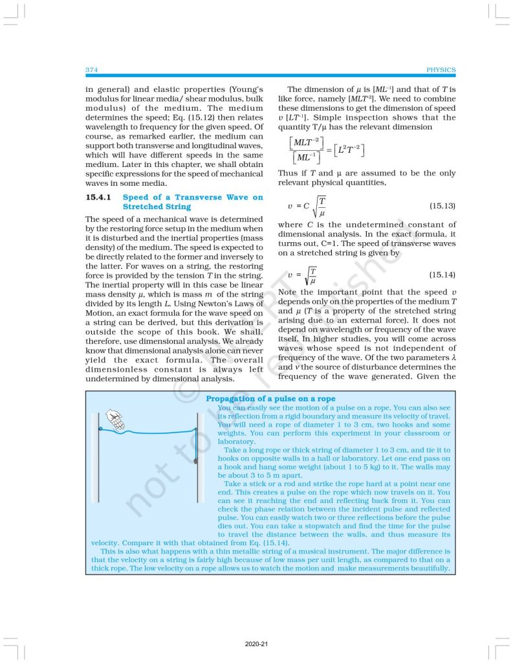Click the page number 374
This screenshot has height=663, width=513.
[91, 69]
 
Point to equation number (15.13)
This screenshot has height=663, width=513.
[442, 206]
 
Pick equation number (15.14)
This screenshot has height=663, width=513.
[442, 275]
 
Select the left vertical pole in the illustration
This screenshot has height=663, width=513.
[100, 453]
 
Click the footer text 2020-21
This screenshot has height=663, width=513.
[256, 644]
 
